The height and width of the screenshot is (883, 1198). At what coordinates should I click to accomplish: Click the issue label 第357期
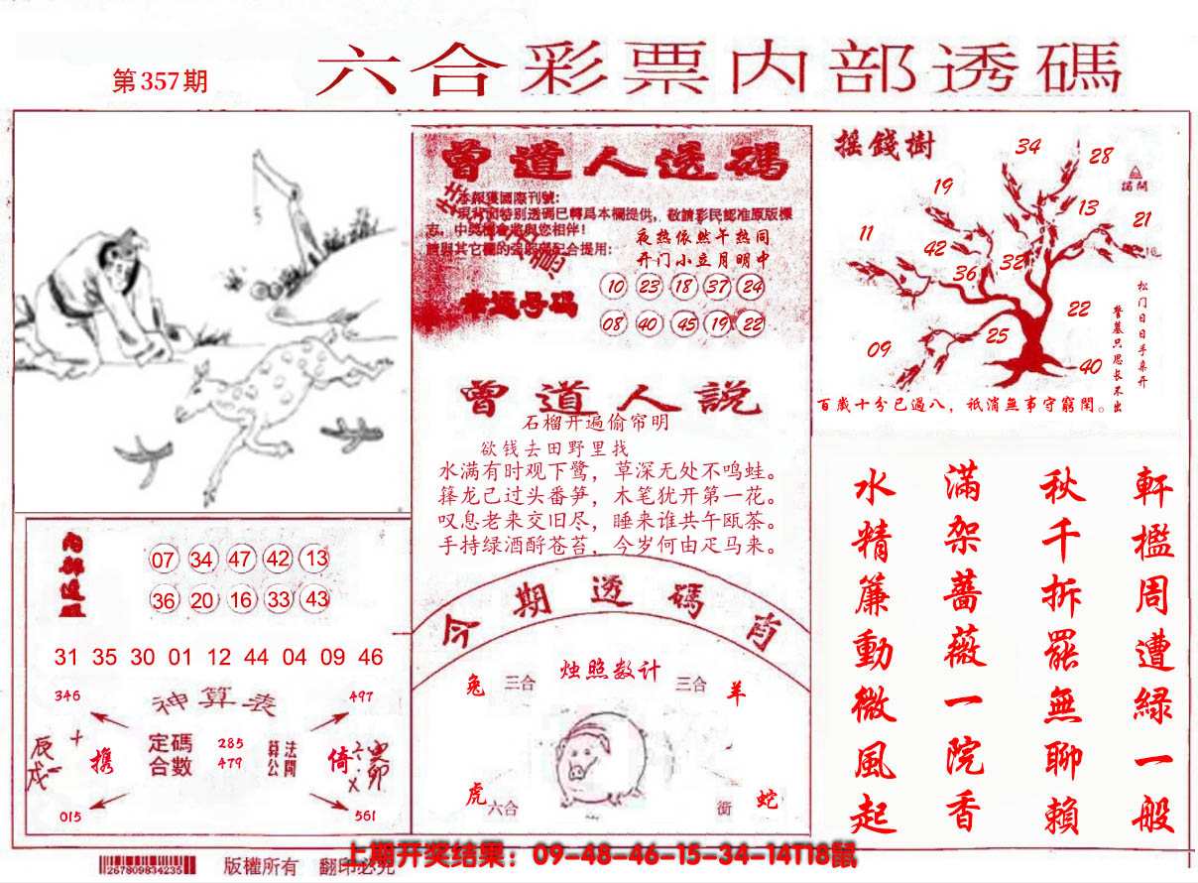pos(160,80)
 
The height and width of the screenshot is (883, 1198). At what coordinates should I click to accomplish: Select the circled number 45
pos(684,323)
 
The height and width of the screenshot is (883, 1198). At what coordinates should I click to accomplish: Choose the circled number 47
pos(239,560)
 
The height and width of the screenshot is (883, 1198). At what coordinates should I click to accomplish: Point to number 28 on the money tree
pos(1101,156)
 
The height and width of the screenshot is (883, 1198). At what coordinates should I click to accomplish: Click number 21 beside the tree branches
pos(1142,219)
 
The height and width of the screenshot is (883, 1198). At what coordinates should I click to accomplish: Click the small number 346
pos(67,695)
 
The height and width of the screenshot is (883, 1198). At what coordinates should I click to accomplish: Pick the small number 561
pos(363,816)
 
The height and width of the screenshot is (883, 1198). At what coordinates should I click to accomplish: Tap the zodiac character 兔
pos(474,685)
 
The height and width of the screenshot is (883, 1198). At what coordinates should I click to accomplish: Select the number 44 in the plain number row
pos(256,657)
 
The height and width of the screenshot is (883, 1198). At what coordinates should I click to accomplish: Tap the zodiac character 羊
pos(735,694)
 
